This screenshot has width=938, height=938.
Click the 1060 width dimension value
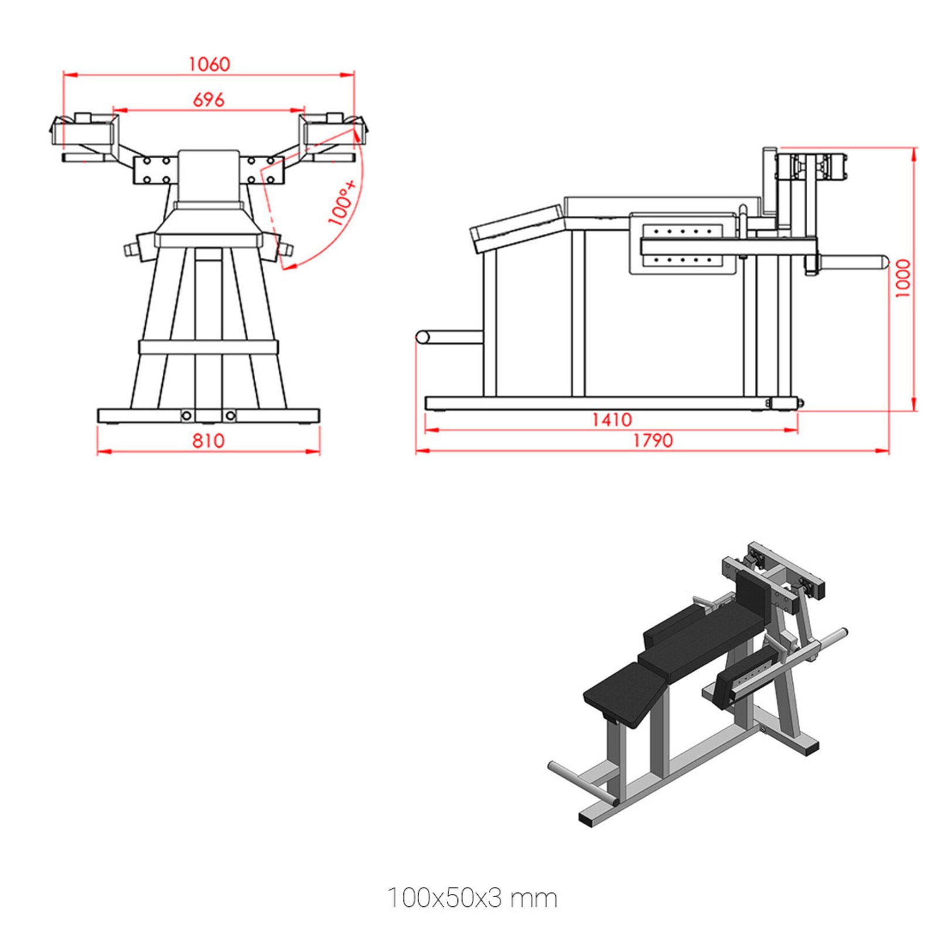point(209,64)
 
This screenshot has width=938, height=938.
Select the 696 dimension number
point(209,100)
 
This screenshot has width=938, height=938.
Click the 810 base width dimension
point(208,440)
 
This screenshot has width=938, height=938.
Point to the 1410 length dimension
point(611,420)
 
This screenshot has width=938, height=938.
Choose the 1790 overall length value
point(652,440)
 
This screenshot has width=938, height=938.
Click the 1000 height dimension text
point(903,278)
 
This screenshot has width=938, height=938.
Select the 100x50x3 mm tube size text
point(472,898)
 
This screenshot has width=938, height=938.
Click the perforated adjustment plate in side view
point(682,244)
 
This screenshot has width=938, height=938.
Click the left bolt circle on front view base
point(186,416)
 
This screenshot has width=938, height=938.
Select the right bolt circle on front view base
point(230,416)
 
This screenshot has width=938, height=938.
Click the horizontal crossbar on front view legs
point(208,346)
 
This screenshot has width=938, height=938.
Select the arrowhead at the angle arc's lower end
point(287,267)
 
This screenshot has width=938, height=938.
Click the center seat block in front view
point(209,176)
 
